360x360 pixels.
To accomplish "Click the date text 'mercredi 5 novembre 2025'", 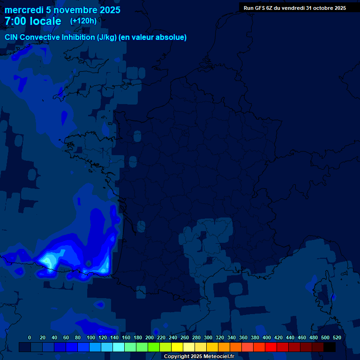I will (x=62, y=10).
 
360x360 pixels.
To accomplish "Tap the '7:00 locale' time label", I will (x=33, y=21).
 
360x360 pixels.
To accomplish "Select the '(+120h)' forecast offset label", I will (x=83, y=21).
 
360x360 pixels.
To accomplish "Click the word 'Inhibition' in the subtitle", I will (x=77, y=37).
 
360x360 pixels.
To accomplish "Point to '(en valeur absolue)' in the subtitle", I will (x=153, y=37).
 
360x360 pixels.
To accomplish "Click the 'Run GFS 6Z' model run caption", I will (x=258, y=8).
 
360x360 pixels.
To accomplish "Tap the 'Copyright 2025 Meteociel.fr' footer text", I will (x=199, y=356).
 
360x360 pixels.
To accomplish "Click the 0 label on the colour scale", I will (x=30, y=337).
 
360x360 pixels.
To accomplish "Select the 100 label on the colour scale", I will (x=90, y=337).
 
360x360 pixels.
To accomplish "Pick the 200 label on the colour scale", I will (x=150, y=337).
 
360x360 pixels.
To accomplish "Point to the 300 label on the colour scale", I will (x=208, y=337).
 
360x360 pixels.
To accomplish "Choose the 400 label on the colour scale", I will (x=267, y=337).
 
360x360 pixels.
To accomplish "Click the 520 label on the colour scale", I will (x=337, y=337).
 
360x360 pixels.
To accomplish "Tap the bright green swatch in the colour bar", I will (x=154, y=347).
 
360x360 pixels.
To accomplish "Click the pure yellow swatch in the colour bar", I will (x=177, y=347).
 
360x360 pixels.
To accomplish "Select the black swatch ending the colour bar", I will (x=330, y=347).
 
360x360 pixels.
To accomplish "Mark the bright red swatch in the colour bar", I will (x=271, y=347).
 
